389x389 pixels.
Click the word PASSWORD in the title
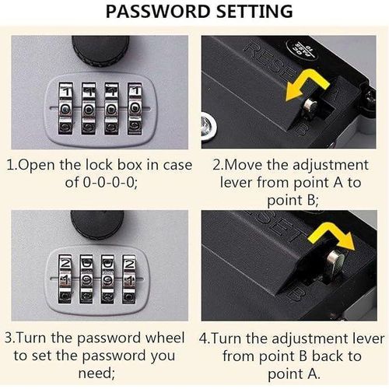point(158,12)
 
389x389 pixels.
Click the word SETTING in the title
point(254,12)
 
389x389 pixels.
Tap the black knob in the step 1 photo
point(100,51)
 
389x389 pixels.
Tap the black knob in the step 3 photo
point(97,225)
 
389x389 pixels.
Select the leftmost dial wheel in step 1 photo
point(65,109)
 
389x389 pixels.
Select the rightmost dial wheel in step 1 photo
point(135,109)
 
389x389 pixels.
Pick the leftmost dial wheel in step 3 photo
point(65,279)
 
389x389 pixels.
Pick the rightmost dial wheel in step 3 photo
point(129,279)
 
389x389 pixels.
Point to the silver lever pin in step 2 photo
point(310,107)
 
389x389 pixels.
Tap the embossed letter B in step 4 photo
point(296,293)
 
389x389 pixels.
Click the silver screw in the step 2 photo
point(209,126)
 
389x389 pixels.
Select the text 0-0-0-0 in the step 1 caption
point(110,183)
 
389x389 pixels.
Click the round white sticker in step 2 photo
point(301,49)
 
